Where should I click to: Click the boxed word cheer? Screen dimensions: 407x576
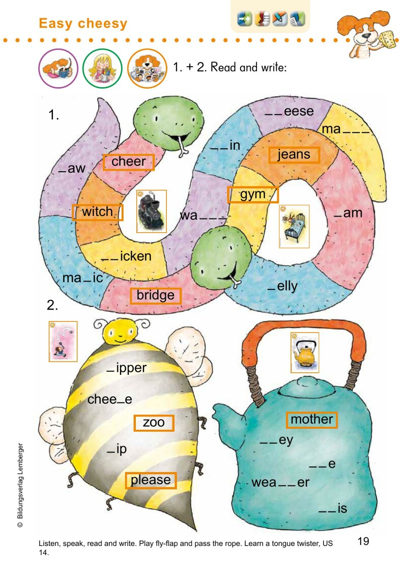point(128,161)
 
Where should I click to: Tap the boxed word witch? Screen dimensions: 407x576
point(97,212)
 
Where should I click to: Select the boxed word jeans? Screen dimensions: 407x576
point(294,155)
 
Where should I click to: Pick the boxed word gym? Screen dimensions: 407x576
point(253,195)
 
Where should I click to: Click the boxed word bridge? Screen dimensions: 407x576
point(156,295)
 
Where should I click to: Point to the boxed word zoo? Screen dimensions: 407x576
point(154,422)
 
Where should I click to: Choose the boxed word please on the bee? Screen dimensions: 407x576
point(151,480)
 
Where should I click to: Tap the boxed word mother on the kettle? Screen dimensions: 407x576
point(311,420)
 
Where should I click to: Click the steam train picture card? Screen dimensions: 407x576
point(152,211)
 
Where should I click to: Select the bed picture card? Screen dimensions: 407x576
point(295,227)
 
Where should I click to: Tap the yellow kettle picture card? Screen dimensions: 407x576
point(305,352)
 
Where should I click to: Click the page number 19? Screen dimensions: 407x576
point(363,541)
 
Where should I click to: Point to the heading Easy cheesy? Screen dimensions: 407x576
point(83,23)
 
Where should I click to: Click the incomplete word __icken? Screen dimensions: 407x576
point(126,256)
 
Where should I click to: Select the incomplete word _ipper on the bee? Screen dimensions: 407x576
point(127,368)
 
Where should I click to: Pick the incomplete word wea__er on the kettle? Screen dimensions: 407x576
point(280,482)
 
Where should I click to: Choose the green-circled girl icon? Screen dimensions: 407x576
point(102,69)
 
